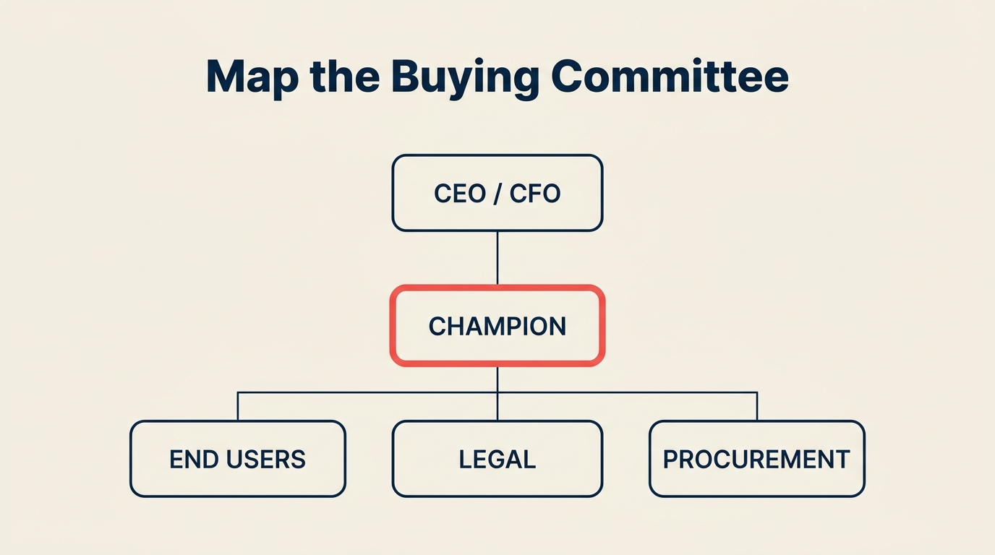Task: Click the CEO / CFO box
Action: click(497, 193)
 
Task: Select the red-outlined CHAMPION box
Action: click(497, 326)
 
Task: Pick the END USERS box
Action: click(237, 459)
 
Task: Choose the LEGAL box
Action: click(497, 459)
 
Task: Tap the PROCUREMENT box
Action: click(756, 459)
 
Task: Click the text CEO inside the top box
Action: click(459, 194)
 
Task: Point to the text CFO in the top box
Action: click(535, 194)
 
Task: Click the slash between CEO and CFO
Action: click(497, 194)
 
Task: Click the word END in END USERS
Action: click(189, 460)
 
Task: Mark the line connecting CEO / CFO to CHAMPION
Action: click(497, 258)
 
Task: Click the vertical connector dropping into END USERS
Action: click(237, 407)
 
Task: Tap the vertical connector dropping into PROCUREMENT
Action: click(757, 407)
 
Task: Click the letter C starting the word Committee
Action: click(571, 76)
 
